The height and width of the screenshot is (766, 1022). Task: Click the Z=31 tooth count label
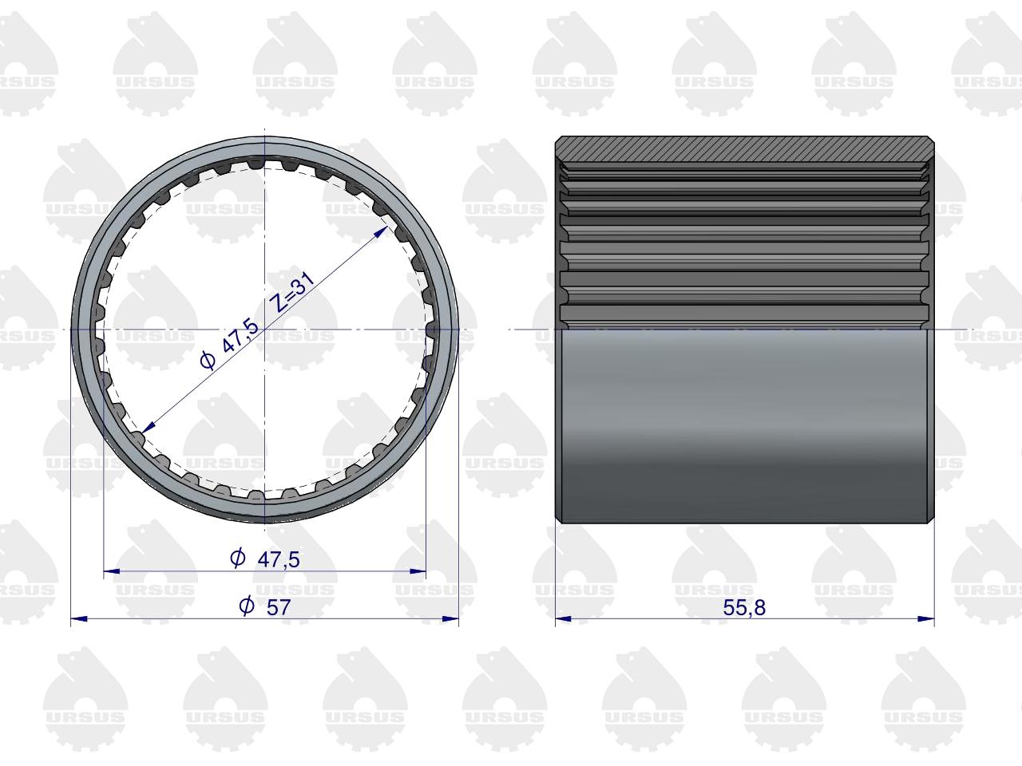pyautogui.click(x=293, y=291)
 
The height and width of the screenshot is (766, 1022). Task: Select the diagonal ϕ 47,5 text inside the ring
pyautogui.click(x=228, y=345)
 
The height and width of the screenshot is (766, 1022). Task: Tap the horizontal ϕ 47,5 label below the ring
pyautogui.click(x=265, y=559)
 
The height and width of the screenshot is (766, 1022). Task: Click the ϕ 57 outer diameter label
pyautogui.click(x=265, y=607)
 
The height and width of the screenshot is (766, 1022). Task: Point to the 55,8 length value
pyautogui.click(x=744, y=608)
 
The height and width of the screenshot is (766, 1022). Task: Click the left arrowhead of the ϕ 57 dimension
pyautogui.click(x=79, y=619)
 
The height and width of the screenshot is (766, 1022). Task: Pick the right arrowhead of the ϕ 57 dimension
pyautogui.click(x=450, y=619)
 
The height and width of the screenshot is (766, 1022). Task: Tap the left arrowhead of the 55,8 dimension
pyautogui.click(x=564, y=619)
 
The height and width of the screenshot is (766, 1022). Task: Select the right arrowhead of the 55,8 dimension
pyautogui.click(x=926, y=619)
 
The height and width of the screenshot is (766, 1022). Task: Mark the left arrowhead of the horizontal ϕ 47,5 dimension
pyautogui.click(x=112, y=571)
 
